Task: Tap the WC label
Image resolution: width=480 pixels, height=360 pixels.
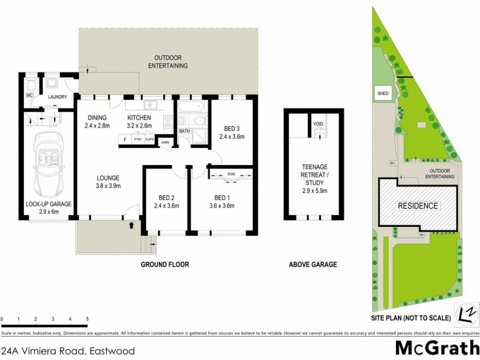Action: pyautogui.click(x=29, y=96)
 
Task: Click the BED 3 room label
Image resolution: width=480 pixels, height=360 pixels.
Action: pyautogui.click(x=231, y=128)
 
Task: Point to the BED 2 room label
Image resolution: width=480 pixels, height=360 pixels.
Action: pyautogui.click(x=166, y=199)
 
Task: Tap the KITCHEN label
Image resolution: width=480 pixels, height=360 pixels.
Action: pyautogui.click(x=142, y=118)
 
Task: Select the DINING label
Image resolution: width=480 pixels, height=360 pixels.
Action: pyautogui.click(x=97, y=118)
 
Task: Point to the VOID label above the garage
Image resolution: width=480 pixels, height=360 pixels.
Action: pyautogui.click(x=318, y=124)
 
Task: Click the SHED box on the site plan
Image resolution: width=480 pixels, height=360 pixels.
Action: pyautogui.click(x=382, y=94)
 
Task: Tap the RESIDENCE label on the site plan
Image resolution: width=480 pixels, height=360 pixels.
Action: pyautogui.click(x=419, y=206)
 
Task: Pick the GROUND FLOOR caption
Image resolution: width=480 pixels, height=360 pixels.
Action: pyautogui.click(x=164, y=264)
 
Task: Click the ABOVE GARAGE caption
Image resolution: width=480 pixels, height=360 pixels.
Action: pyautogui.click(x=313, y=264)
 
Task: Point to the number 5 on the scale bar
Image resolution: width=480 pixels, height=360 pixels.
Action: pyautogui.click(x=88, y=319)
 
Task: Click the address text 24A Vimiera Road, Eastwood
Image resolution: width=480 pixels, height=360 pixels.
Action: pyautogui.click(x=68, y=351)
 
